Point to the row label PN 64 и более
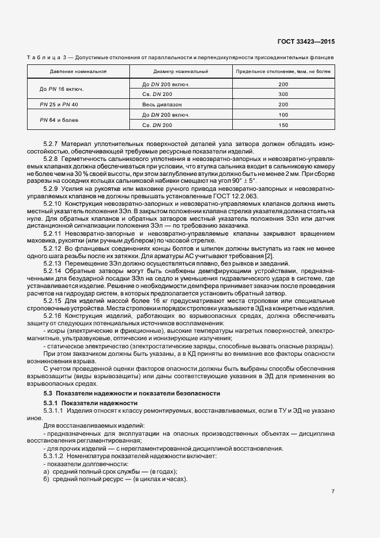[x=60, y=120]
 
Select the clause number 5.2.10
[x=53, y=204]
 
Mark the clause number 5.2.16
[x=53, y=316]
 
